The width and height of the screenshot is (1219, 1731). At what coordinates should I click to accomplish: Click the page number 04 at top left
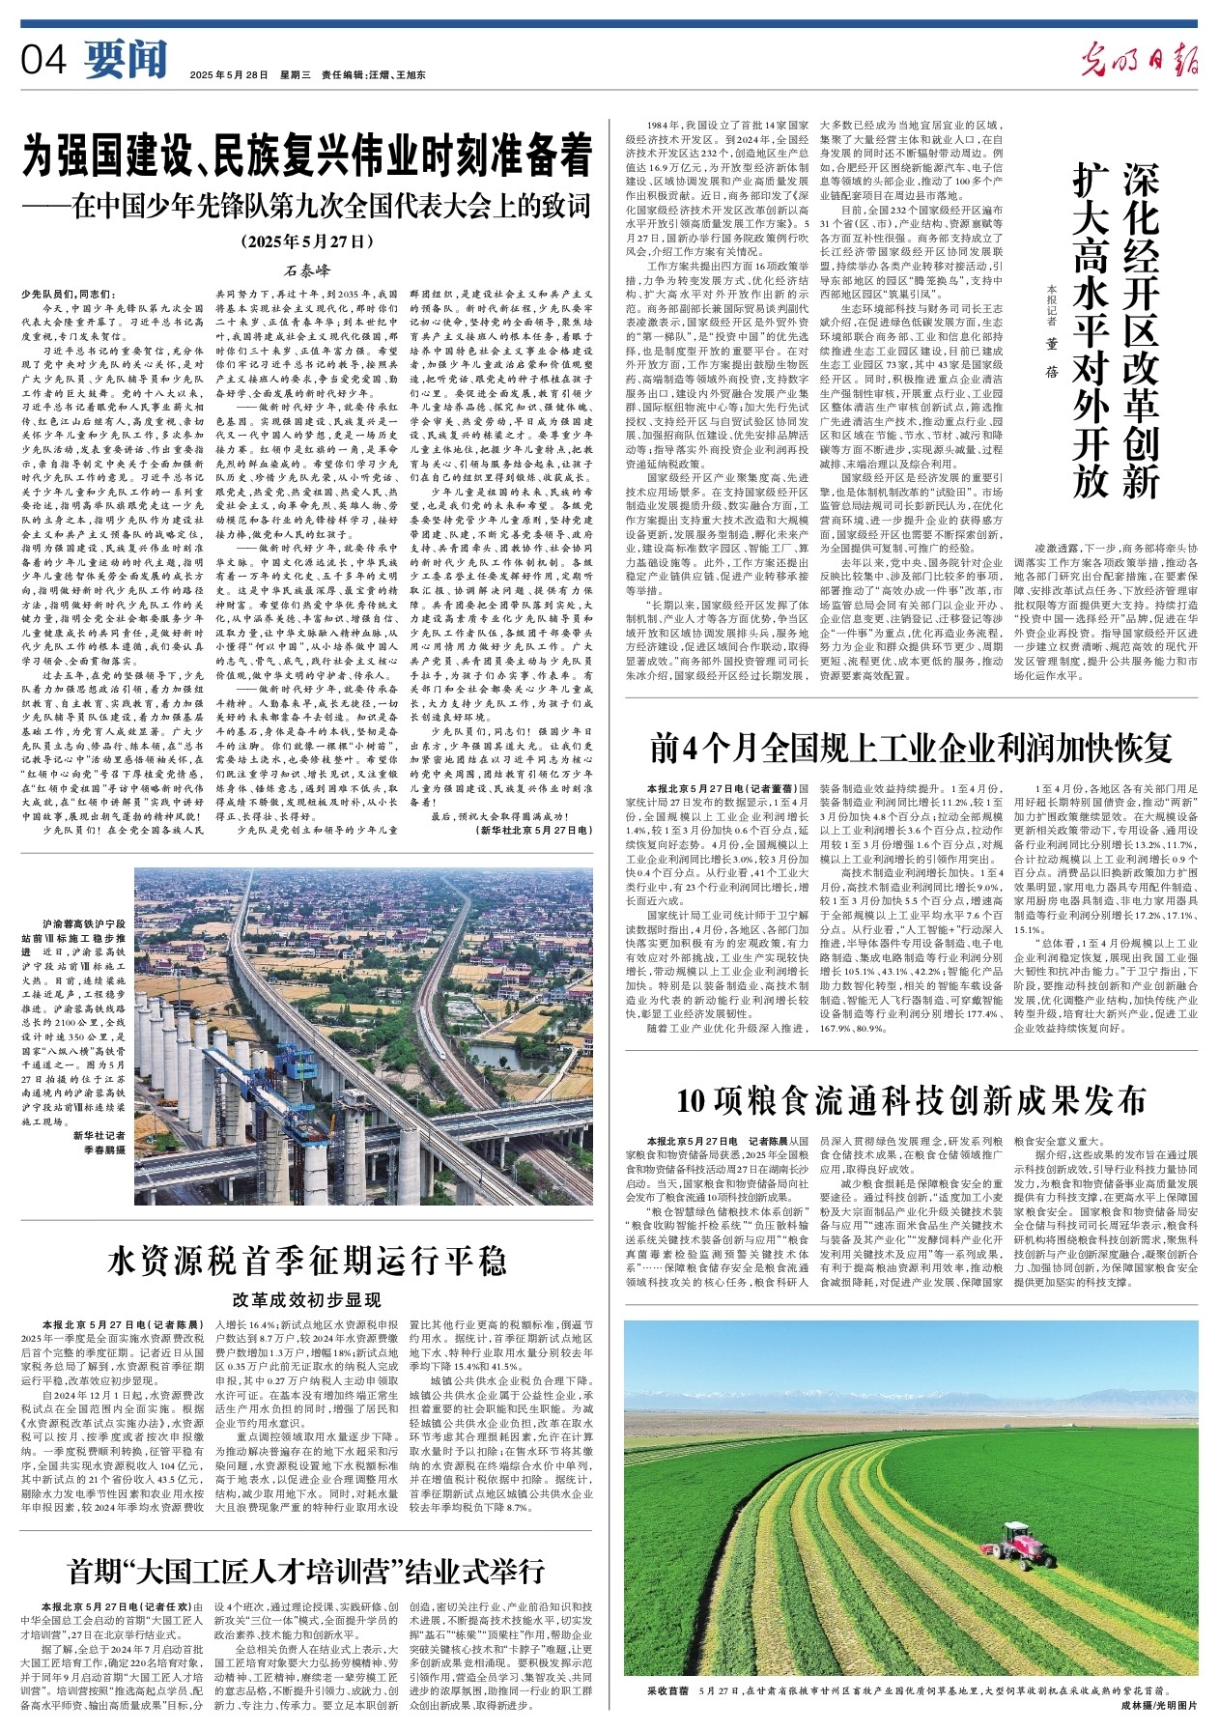click(44, 61)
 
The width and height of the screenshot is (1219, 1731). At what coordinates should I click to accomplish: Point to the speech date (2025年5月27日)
click(307, 241)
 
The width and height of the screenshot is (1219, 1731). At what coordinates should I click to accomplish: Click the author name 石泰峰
click(307, 270)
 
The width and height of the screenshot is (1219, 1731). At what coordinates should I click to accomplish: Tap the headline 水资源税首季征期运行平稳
click(307, 1260)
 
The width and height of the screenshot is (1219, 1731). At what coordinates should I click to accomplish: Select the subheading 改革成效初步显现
click(307, 1299)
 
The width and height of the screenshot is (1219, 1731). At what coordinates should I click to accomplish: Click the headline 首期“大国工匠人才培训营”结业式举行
click(307, 1570)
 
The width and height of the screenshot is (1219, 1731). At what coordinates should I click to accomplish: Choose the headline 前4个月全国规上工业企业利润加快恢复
click(912, 749)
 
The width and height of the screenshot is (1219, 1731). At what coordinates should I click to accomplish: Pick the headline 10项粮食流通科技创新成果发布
click(912, 1100)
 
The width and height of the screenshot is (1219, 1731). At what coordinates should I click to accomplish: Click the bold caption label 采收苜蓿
click(668, 1691)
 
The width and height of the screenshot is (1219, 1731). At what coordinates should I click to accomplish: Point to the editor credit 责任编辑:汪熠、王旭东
click(373, 74)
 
